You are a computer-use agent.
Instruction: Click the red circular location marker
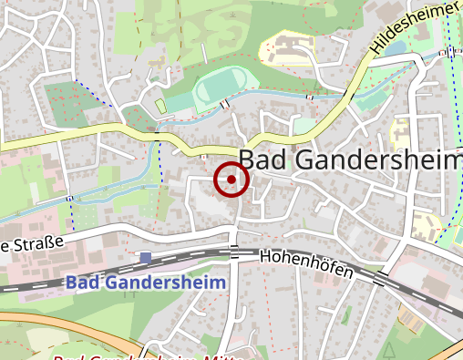pos(231,180)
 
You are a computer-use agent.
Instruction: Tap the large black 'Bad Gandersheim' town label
pos(350,159)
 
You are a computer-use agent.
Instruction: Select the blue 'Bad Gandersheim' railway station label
pos(145,282)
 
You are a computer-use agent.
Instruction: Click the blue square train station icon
pos(146,258)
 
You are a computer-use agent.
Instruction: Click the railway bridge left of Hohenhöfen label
pos(234,252)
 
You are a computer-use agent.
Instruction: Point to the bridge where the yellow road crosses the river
pos(157,133)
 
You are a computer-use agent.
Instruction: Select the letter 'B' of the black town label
pos(248,159)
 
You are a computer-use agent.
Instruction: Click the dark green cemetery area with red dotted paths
pos(68,104)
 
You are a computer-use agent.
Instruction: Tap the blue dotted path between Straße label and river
pos(70,214)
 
